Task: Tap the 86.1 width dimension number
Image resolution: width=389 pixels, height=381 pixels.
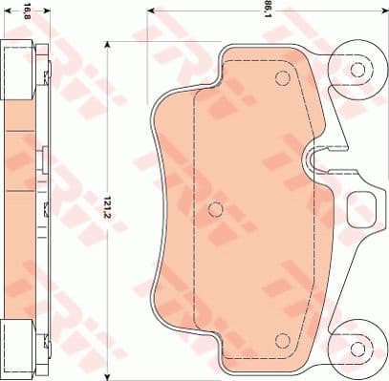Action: click(x=269, y=11)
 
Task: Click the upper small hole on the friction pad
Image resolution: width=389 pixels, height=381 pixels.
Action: click(x=281, y=79)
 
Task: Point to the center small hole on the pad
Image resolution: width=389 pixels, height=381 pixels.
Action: click(x=215, y=209)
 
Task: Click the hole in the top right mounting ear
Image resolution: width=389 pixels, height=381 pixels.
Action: click(x=357, y=70)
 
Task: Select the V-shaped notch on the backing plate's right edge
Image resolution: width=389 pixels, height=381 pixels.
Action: click(x=325, y=159)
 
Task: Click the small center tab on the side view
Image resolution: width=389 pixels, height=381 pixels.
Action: click(x=45, y=159)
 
